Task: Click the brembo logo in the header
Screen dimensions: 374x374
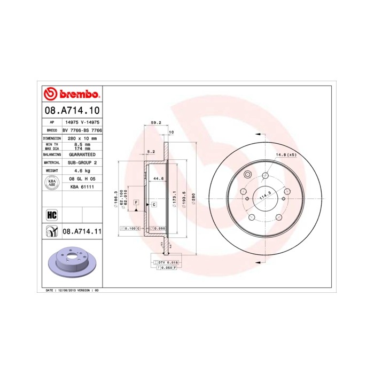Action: pos(72,95)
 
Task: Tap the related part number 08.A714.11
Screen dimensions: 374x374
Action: pos(82,231)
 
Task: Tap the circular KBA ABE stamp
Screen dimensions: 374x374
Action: pos(52,183)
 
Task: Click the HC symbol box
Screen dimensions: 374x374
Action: pos(52,215)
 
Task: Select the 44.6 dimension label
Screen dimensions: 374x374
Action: pos(158,178)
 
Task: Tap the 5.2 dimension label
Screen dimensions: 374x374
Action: pos(151,152)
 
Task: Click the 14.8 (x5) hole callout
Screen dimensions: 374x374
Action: pos(285,155)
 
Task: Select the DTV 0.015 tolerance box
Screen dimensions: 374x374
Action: pos(167,263)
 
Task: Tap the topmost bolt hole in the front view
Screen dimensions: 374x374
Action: pos(266,173)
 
